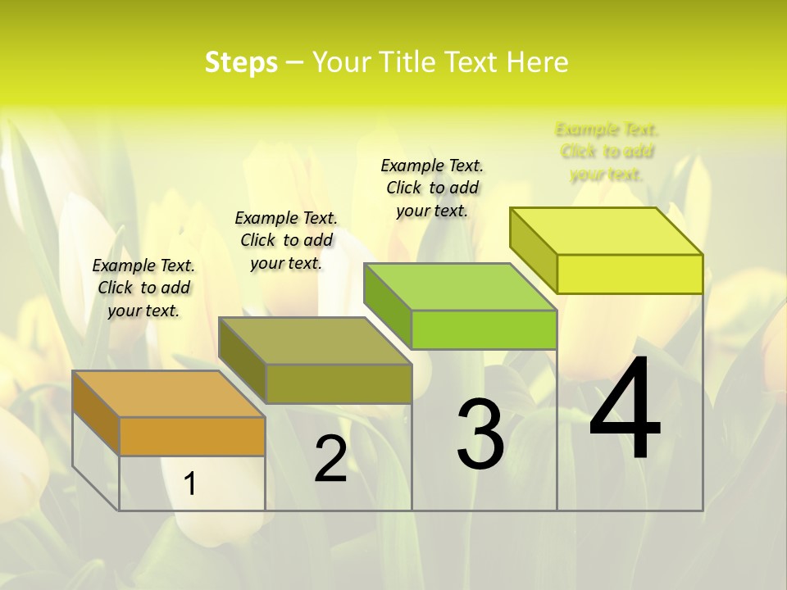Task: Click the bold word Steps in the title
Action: click(x=241, y=62)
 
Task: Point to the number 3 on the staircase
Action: click(x=480, y=433)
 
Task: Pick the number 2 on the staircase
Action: click(x=331, y=459)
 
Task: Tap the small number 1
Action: click(x=190, y=483)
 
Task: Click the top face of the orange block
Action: click(x=168, y=393)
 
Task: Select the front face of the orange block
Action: click(x=192, y=436)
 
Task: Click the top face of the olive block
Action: click(x=315, y=340)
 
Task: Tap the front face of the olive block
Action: click(x=339, y=383)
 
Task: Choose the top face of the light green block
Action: click(x=460, y=287)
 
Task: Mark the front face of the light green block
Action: click(x=484, y=329)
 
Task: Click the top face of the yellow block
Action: click(x=607, y=230)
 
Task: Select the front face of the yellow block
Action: click(x=630, y=274)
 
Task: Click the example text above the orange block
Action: click(x=143, y=288)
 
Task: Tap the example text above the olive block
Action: click(x=286, y=240)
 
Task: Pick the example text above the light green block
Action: click(x=432, y=188)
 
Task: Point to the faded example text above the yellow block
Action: click(x=607, y=152)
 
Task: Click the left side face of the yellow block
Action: click(x=534, y=249)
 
